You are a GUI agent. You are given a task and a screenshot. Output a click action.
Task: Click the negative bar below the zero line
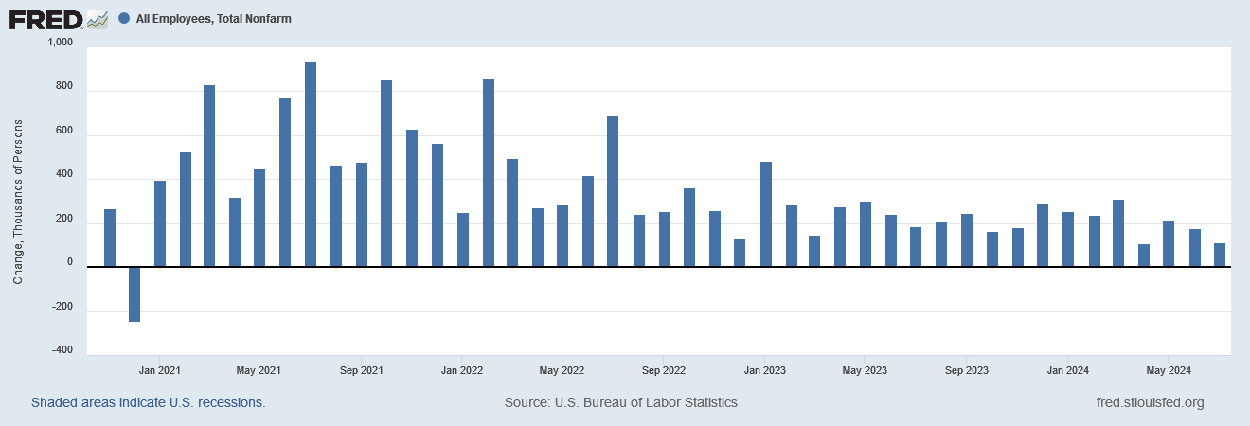(x=134, y=294)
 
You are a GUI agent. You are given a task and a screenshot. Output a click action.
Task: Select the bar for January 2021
(x=160, y=224)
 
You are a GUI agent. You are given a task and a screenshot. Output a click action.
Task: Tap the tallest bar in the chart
(x=311, y=165)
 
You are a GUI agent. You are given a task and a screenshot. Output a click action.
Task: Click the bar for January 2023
(x=766, y=215)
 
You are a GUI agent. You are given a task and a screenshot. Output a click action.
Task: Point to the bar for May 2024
(x=1169, y=244)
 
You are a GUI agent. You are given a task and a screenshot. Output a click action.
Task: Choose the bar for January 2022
(x=463, y=240)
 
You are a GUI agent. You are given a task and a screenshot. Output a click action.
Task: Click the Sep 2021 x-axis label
(x=360, y=369)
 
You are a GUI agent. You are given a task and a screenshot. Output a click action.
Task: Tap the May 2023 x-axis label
(x=865, y=369)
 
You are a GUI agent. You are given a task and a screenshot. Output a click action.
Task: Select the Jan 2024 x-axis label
(x=1067, y=369)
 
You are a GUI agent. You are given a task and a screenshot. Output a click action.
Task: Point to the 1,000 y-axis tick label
(x=59, y=44)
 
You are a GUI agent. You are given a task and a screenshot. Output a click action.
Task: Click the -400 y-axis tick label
(x=62, y=350)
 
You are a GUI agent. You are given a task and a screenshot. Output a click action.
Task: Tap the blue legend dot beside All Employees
(x=124, y=18)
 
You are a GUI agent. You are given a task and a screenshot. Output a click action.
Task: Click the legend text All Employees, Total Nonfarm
(x=213, y=18)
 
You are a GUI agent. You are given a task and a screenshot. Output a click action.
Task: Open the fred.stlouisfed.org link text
(x=1149, y=402)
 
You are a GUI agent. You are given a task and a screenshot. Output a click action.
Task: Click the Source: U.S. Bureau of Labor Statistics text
(x=621, y=402)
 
